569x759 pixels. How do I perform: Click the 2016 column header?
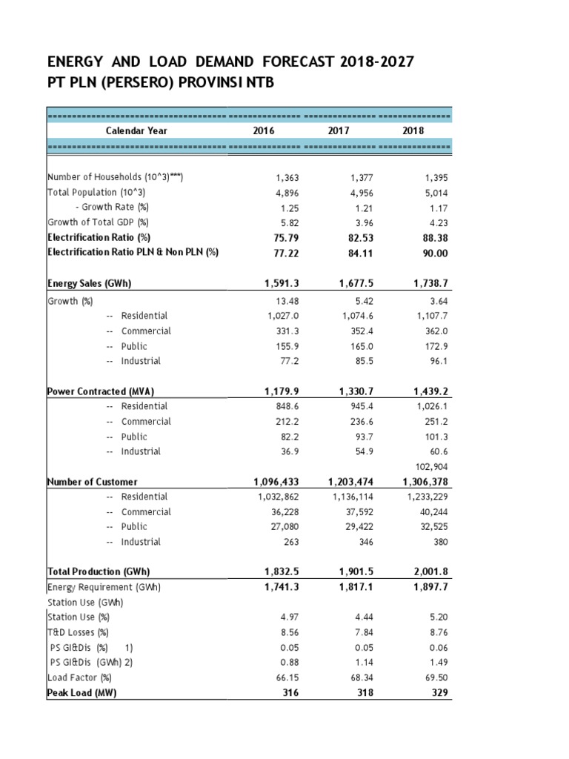point(263,131)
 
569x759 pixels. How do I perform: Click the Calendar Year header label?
point(136,131)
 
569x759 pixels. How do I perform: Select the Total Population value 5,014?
point(432,193)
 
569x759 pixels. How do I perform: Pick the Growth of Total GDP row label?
point(98,222)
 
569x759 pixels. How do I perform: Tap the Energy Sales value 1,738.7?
point(427,283)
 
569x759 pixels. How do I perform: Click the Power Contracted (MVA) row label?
point(100,391)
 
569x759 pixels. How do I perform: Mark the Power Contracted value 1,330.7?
point(352,391)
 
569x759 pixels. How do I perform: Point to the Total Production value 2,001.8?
point(427,572)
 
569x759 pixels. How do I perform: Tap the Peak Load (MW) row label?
point(81,693)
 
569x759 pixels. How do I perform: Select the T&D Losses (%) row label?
point(78,632)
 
